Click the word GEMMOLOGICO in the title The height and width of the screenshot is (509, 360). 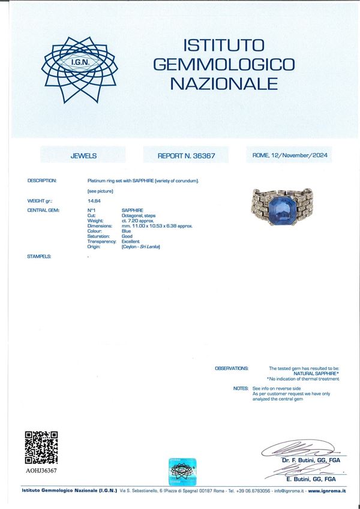(223, 64)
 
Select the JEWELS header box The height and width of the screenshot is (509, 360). (83, 155)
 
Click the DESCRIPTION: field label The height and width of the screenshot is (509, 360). (42, 180)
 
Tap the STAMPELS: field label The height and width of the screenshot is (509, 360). (39, 256)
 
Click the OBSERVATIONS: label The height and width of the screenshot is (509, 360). (231, 368)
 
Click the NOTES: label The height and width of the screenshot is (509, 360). (240, 388)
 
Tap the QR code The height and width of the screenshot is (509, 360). (41, 447)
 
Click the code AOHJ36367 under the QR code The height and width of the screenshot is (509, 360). (41, 471)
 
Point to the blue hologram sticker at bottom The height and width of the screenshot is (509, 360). (185, 471)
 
